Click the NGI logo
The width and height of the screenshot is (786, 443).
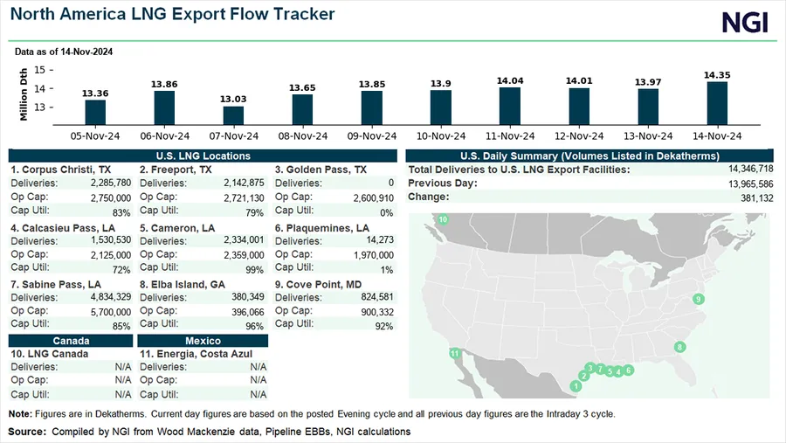pyautogui.click(x=745, y=22)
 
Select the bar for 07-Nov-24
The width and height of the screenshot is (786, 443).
pyautogui.click(x=234, y=116)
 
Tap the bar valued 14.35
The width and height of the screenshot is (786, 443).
pyautogui.click(x=717, y=103)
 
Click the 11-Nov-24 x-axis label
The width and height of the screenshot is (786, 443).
pyautogui.click(x=510, y=135)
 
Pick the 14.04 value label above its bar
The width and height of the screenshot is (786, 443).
pyautogui.click(x=510, y=80)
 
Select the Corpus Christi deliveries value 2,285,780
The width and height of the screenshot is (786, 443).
pyautogui.click(x=110, y=183)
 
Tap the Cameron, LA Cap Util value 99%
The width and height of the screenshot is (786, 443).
pyautogui.click(x=254, y=270)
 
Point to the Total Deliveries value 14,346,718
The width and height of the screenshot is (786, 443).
pyautogui.click(x=743, y=169)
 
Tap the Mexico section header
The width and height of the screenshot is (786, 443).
pyautogui.click(x=202, y=340)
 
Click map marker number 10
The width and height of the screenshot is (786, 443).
pyautogui.click(x=443, y=219)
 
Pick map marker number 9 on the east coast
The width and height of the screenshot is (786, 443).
pyautogui.click(x=698, y=300)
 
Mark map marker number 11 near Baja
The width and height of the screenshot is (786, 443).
pyautogui.click(x=454, y=353)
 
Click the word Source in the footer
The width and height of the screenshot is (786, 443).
pyautogui.click(x=27, y=432)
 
